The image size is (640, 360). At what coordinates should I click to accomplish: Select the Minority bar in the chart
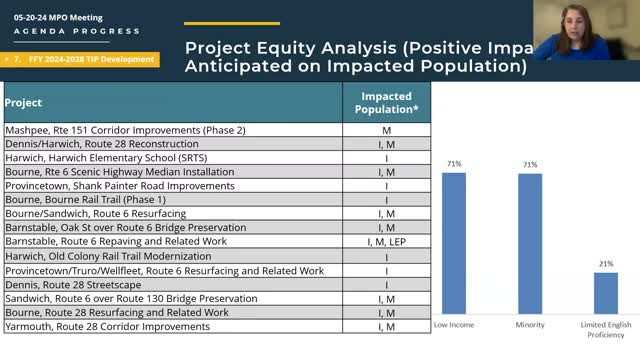coord(530,244)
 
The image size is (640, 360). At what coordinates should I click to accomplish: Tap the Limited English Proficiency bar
coord(605,293)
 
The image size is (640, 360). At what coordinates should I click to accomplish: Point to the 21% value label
coord(605,264)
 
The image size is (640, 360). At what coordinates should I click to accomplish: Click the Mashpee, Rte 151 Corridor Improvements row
coord(126,130)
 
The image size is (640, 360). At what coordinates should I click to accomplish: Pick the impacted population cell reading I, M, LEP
coord(387,242)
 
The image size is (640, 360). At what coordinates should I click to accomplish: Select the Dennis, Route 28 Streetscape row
coord(76,285)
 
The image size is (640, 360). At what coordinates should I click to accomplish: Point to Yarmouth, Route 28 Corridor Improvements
coord(116,327)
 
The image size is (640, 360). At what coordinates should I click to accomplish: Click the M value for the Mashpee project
coord(387,130)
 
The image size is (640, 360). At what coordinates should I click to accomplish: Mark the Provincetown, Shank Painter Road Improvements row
coord(119,186)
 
